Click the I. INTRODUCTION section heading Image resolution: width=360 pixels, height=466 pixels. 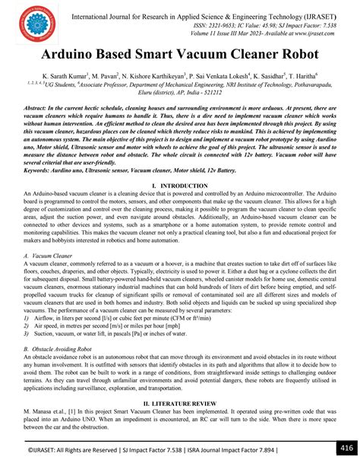point(180,207)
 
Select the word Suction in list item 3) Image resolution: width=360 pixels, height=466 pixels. point(48,332)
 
